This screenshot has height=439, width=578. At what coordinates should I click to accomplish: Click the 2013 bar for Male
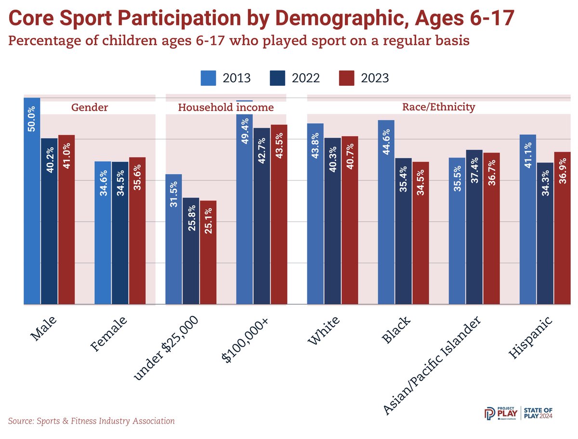[32, 201]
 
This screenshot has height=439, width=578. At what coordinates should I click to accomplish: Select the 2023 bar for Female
[137, 231]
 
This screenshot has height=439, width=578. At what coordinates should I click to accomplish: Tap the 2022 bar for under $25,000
[191, 251]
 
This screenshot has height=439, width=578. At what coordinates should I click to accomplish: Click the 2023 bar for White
[350, 220]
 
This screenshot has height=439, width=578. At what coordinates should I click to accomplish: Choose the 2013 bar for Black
[386, 212]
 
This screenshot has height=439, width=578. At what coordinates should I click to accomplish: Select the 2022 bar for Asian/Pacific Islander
[474, 227]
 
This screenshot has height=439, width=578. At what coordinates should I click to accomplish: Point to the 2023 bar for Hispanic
[562, 228]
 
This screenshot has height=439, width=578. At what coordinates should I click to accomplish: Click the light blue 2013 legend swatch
[208, 78]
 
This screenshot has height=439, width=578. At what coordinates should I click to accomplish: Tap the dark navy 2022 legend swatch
[277, 78]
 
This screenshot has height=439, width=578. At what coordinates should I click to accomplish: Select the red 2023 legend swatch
[346, 78]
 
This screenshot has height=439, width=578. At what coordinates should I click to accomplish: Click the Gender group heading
[90, 107]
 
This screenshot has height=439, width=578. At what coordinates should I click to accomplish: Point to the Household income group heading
[226, 107]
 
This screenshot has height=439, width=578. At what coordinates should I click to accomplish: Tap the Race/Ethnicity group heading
[438, 107]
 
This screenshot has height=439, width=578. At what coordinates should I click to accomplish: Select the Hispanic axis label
[530, 337]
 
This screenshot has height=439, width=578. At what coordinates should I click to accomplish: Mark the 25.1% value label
[208, 220]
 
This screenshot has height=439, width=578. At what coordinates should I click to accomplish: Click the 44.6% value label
[386, 142]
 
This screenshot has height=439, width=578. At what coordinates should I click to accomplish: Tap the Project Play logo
[500, 414]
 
